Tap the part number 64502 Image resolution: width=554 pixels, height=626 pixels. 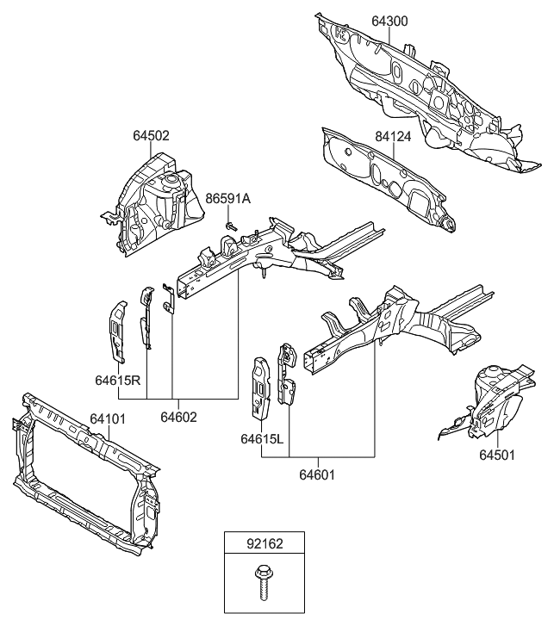(151, 135)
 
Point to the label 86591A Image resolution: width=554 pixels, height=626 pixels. (227, 199)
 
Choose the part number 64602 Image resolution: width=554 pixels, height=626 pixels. (177, 417)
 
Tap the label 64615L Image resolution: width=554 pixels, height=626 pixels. (263, 438)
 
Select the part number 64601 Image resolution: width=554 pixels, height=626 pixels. (318, 473)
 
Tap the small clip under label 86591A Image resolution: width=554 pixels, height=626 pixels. (232, 225)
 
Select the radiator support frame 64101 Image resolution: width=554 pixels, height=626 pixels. (86, 482)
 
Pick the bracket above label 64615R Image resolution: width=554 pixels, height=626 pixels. (117, 332)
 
